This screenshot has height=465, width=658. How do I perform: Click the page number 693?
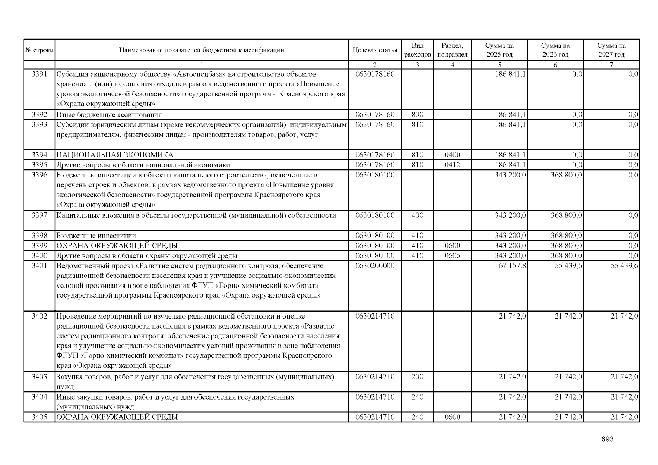coord(607,439)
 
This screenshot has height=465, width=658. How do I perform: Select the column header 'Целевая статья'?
coord(375,50)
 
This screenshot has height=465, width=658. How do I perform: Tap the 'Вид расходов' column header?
coord(417,50)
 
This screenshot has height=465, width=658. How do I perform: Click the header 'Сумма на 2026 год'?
coord(555,50)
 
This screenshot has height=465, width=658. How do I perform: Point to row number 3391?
coord(39,74)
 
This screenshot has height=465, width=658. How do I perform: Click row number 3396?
coord(39,175)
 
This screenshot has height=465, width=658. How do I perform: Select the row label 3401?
coord(39,266)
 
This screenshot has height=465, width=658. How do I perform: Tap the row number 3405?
coord(39,417)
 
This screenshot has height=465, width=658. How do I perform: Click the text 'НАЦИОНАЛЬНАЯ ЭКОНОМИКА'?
coord(115,155)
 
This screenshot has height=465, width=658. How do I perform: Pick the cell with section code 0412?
coord(452,165)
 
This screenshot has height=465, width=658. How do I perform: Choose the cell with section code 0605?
coord(452,256)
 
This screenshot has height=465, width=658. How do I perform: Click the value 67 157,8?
coord(512,266)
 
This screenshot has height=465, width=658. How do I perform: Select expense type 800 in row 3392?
coord(417,115)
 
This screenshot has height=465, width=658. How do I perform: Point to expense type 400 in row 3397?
coord(417,215)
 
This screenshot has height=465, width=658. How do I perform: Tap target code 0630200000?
coord(375,266)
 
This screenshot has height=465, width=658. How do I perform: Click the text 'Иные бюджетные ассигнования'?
coord(109,115)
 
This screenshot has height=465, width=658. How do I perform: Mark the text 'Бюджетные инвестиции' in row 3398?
coord(96,236)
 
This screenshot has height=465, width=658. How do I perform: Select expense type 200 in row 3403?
coord(417,377)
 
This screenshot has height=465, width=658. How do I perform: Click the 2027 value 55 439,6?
coord(624,266)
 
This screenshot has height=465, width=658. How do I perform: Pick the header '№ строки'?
coord(39,50)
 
